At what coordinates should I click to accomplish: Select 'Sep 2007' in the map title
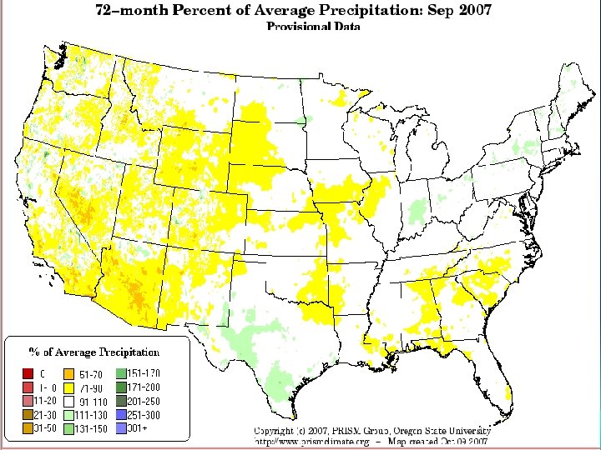[x=457, y=11]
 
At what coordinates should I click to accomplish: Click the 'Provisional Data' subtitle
[x=313, y=27]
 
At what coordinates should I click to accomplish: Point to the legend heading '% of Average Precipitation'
[x=94, y=352]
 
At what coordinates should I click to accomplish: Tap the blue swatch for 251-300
[x=122, y=415]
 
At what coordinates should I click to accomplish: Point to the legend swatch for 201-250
[x=122, y=402]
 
